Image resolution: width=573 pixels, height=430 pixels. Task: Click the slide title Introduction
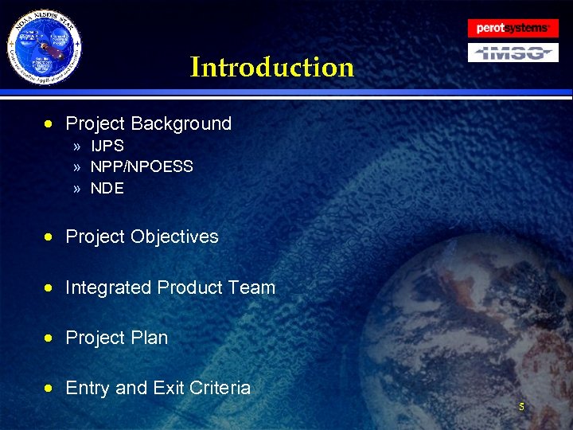tap(271, 67)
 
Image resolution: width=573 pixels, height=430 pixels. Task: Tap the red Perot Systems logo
tap(513, 28)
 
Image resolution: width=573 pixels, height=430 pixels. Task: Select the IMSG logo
tap(513, 53)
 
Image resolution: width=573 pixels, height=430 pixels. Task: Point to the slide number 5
tap(521, 407)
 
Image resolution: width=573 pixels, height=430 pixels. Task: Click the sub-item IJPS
tap(107, 147)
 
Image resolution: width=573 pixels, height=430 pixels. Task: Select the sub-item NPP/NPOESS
tap(142, 167)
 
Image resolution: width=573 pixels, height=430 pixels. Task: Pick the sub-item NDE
tap(107, 188)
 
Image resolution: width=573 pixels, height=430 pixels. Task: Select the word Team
tap(251, 287)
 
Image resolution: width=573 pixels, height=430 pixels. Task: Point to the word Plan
tap(150, 338)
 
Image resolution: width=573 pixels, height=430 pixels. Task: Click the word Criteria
tap(219, 388)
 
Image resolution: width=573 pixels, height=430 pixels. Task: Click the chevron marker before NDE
tap(76, 189)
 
